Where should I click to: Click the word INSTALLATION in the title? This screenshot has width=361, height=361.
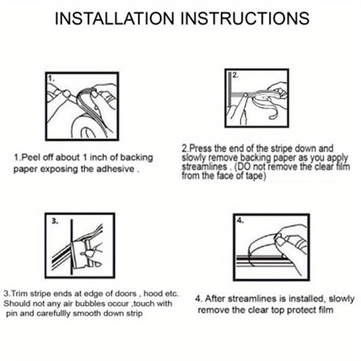(x=114, y=18)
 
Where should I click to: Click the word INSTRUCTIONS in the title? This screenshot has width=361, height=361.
(x=245, y=18)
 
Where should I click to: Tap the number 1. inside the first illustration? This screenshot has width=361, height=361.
(x=51, y=79)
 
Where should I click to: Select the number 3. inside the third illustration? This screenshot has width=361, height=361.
(x=55, y=221)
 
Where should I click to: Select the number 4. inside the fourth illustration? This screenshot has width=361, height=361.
(x=240, y=221)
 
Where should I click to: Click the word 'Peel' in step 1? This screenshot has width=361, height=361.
(x=30, y=157)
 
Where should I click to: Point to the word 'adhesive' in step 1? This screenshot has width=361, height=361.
(x=115, y=169)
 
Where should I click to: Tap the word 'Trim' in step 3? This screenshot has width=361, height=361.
(x=19, y=294)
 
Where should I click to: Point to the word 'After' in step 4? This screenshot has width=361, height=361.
(x=214, y=299)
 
